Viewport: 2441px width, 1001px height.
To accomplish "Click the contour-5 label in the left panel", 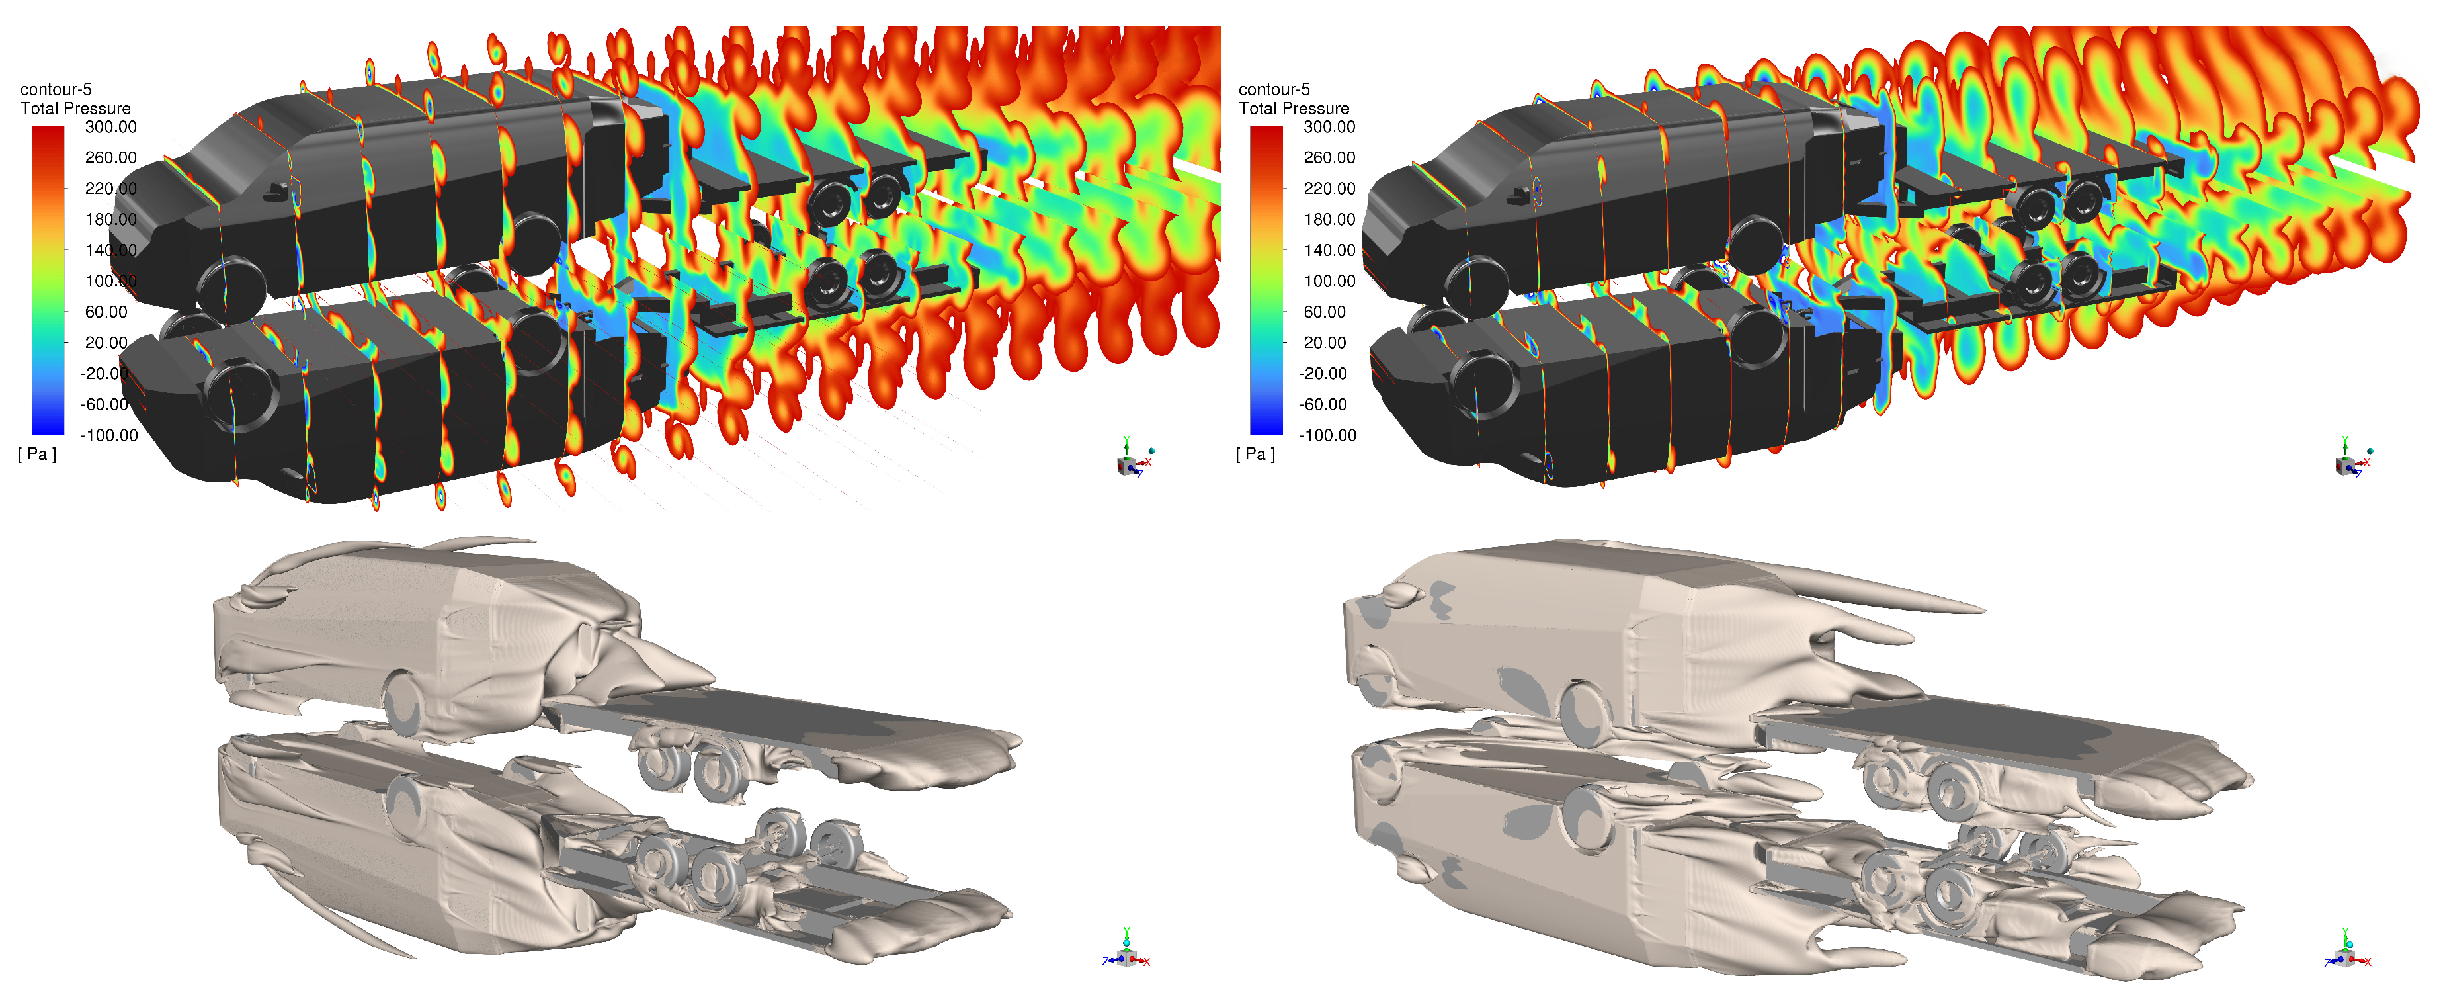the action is click(x=56, y=89).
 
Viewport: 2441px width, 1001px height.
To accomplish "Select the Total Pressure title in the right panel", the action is click(x=1294, y=108).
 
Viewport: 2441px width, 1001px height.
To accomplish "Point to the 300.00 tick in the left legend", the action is click(x=111, y=127).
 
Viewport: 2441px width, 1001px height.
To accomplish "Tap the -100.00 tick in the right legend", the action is click(x=1327, y=435).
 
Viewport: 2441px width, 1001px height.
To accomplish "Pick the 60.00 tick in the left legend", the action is click(x=106, y=312).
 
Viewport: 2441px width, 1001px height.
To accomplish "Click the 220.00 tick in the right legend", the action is click(x=1329, y=189).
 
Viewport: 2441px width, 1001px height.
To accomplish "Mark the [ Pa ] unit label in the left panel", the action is click(x=37, y=454).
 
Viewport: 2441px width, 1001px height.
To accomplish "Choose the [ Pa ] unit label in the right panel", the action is click(x=1256, y=454).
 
